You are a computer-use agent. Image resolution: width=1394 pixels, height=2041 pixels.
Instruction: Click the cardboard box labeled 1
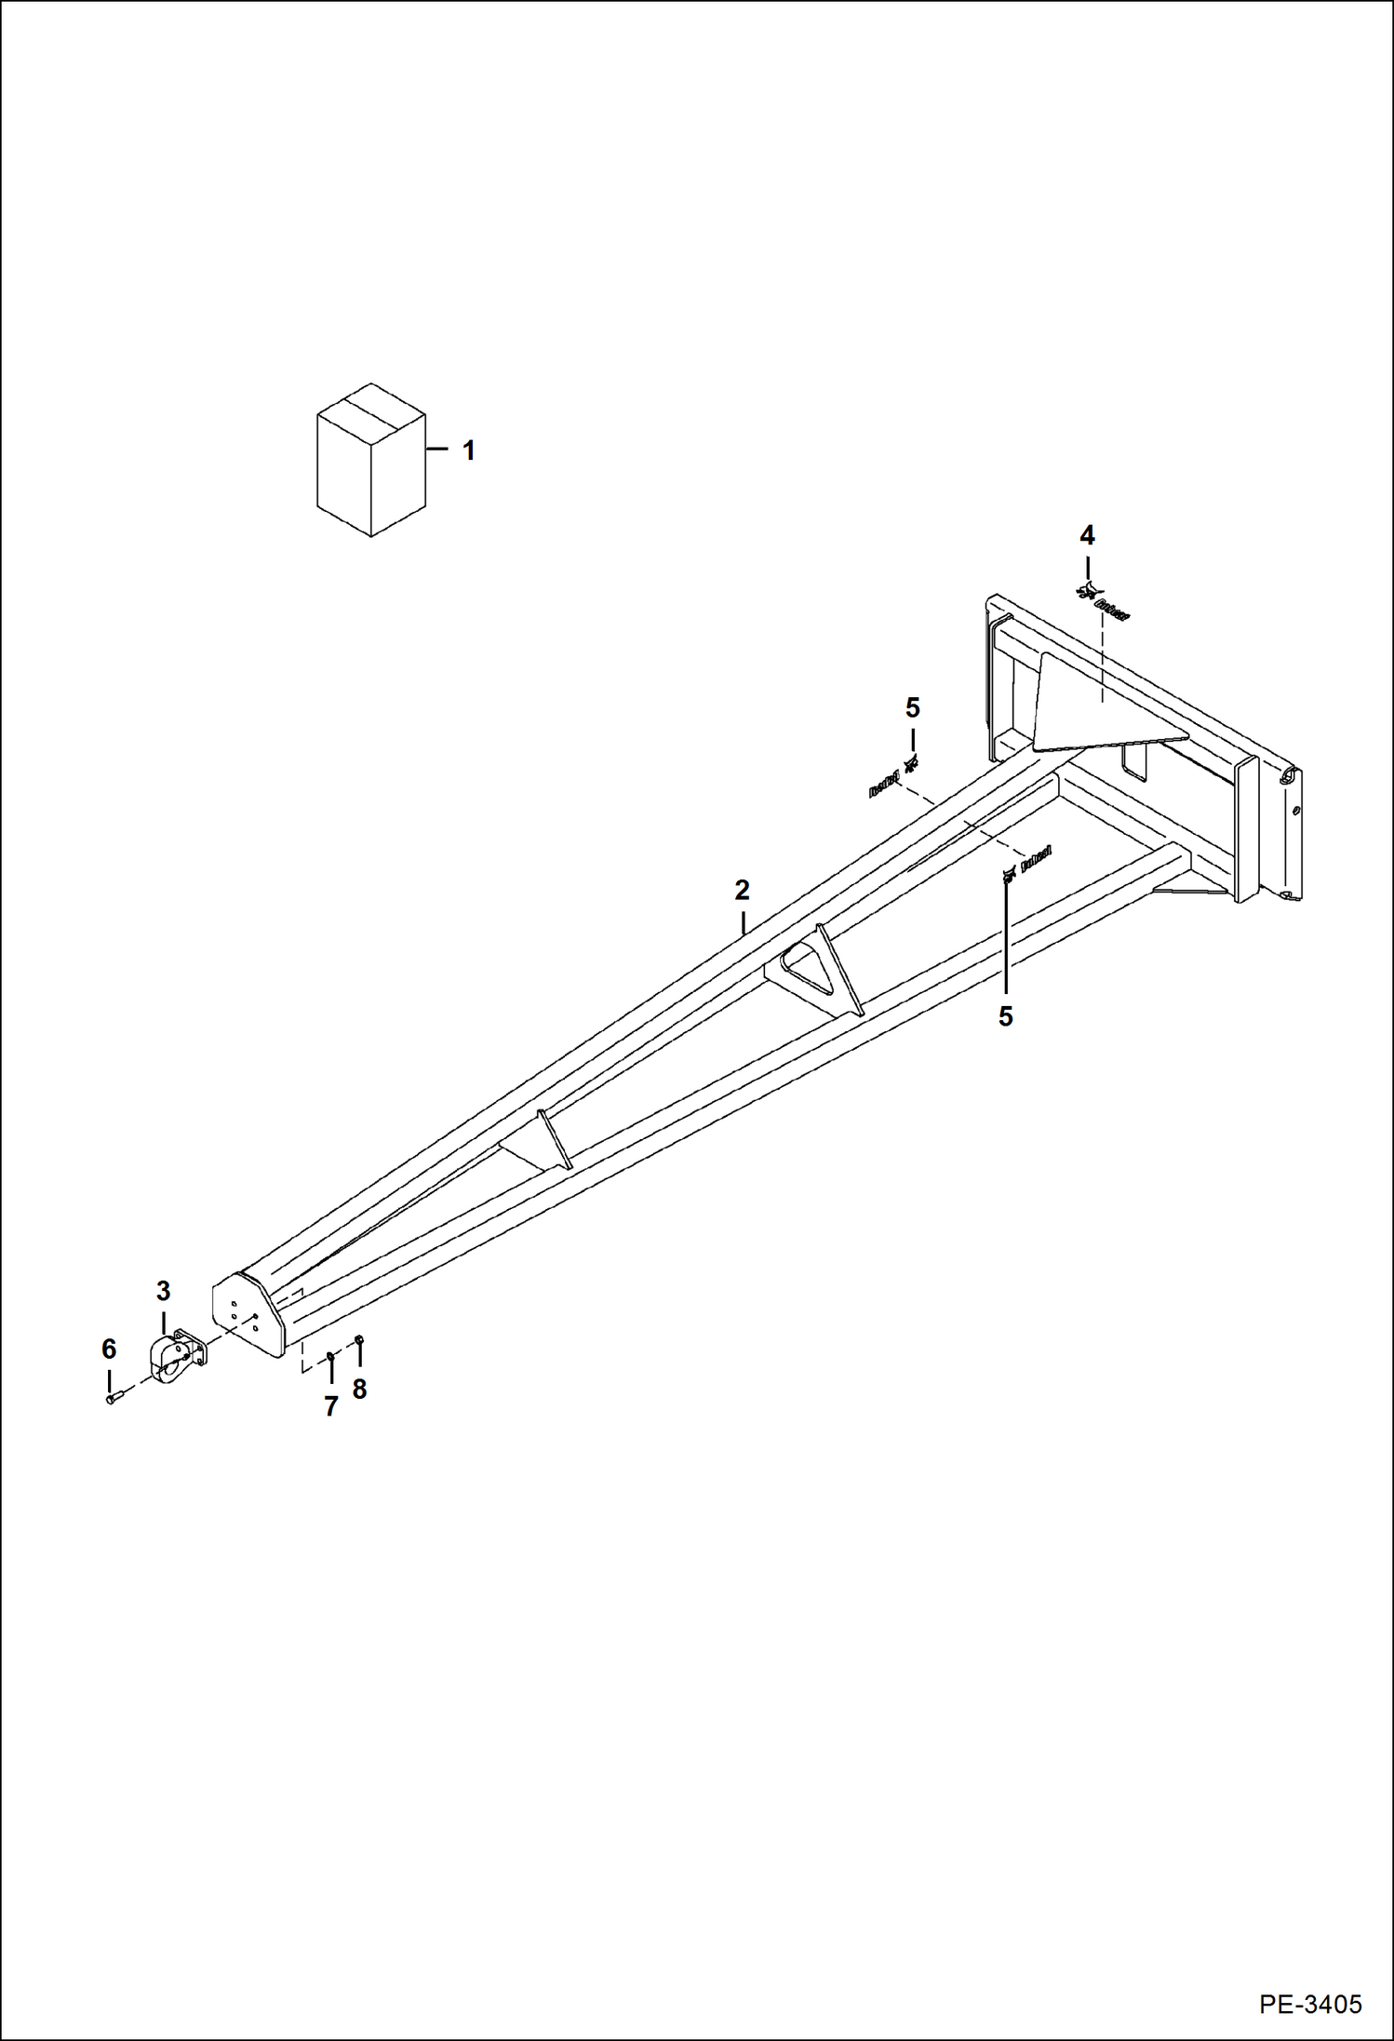[x=371, y=460]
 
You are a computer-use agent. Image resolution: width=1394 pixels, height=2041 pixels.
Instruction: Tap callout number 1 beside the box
[x=469, y=450]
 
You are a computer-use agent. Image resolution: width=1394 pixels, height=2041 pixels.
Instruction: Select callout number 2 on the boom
[x=742, y=891]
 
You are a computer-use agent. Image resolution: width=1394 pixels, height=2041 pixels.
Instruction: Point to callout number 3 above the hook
[x=163, y=1291]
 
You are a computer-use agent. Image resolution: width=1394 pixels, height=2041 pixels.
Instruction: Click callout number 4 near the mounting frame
[x=1087, y=535]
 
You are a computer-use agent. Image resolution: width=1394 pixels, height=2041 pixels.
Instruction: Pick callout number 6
[x=109, y=1349]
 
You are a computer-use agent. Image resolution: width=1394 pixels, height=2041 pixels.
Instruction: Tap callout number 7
[x=330, y=1406]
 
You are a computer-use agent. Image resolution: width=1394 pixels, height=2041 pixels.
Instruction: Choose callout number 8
[x=359, y=1390]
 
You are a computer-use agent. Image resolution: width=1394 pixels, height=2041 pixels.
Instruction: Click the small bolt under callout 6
[x=113, y=1397]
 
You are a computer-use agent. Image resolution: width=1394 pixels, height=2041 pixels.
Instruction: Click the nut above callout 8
[x=359, y=1340]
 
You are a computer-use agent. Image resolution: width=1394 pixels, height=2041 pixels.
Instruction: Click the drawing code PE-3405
[x=1311, y=2003]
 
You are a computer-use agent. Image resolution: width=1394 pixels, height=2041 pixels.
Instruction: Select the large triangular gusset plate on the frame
[x=1098, y=707]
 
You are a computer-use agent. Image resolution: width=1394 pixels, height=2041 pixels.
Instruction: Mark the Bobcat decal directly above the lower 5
[x=1025, y=865]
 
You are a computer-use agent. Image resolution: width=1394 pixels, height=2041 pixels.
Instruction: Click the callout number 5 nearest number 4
[x=912, y=708]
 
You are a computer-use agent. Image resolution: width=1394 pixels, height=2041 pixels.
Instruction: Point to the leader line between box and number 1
[x=438, y=450]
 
